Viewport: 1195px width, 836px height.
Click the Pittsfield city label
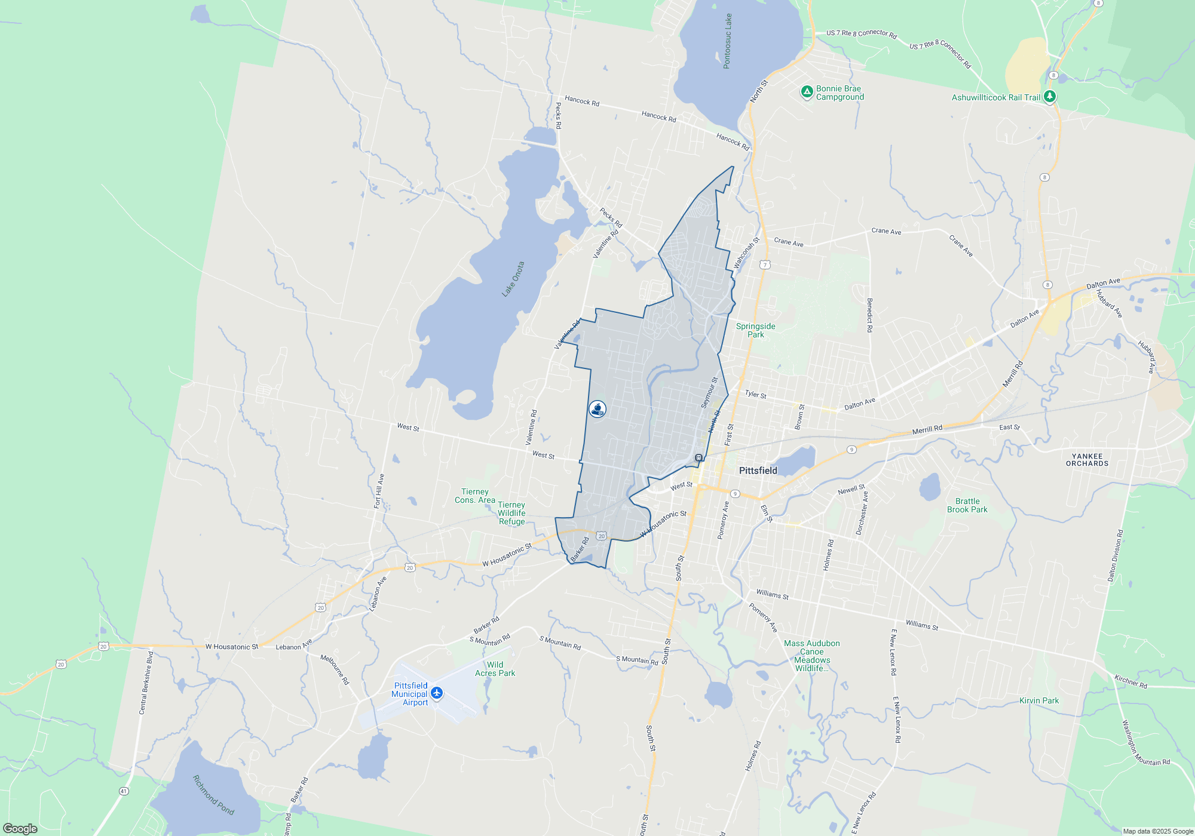pyautogui.click(x=758, y=471)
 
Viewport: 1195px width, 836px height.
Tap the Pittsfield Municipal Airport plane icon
pyautogui.click(x=437, y=693)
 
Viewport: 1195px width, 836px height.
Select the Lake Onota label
pyautogui.click(x=513, y=279)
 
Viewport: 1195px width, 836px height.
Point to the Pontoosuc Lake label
pyautogui.click(x=727, y=41)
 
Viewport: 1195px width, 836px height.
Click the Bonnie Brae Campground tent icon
pyautogui.click(x=807, y=92)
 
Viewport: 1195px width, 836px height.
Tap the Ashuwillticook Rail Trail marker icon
pyautogui.click(x=1049, y=96)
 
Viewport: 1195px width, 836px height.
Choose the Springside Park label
pyautogui.click(x=755, y=330)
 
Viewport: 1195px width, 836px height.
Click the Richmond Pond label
pyautogui.click(x=213, y=795)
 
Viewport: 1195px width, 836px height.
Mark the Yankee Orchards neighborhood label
pyautogui.click(x=1087, y=460)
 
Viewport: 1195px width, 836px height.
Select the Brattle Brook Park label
pyautogui.click(x=967, y=505)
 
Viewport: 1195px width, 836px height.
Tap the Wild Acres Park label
pyautogui.click(x=495, y=669)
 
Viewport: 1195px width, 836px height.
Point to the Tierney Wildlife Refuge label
pyautogui.click(x=511, y=513)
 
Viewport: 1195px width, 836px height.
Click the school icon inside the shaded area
pyautogui.click(x=597, y=409)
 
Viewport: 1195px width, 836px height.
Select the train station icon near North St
pyautogui.click(x=698, y=457)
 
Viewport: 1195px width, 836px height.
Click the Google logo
pyautogui.click(x=20, y=828)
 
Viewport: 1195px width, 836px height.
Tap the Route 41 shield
pyautogui.click(x=124, y=791)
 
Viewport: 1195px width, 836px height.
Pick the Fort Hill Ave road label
pyautogui.click(x=379, y=491)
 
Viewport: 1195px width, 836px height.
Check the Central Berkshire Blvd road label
pyautogui.click(x=146, y=683)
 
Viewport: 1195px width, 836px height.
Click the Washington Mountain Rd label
pyautogui.click(x=1145, y=743)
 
